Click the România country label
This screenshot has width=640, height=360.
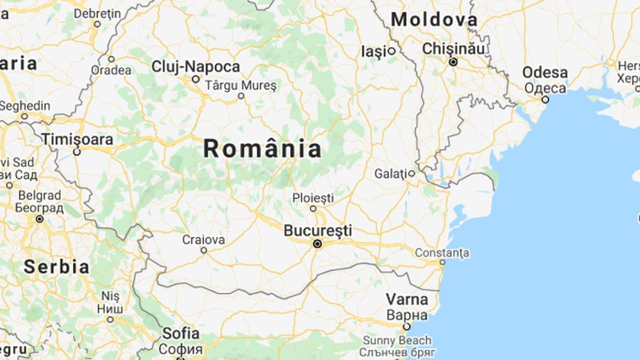[x=262, y=149]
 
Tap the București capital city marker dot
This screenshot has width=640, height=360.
[x=318, y=244]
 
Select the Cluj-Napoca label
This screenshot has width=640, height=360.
[x=196, y=67]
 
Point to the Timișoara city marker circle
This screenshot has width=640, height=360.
[x=77, y=152]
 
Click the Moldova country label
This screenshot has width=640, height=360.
[x=434, y=20]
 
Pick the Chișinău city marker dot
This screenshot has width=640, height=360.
[x=453, y=62]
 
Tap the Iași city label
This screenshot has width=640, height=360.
[x=373, y=51]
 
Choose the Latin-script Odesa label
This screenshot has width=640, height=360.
[x=545, y=73]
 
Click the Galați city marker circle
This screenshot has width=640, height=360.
[x=412, y=173]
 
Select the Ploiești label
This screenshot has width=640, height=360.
[x=313, y=198]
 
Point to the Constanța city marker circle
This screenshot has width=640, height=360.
[x=442, y=262]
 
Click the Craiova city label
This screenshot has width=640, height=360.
[x=203, y=239]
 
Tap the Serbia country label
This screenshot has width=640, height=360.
[x=56, y=266]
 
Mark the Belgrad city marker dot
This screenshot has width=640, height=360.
[x=39, y=219]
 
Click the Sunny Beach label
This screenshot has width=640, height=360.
[x=397, y=340]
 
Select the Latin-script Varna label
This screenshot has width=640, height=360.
[x=407, y=299]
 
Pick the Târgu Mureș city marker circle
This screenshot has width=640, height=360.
[x=241, y=96]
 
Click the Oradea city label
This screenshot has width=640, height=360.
[x=111, y=70]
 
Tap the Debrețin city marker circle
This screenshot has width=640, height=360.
[x=97, y=24]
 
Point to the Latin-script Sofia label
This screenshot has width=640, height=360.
[x=181, y=334]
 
